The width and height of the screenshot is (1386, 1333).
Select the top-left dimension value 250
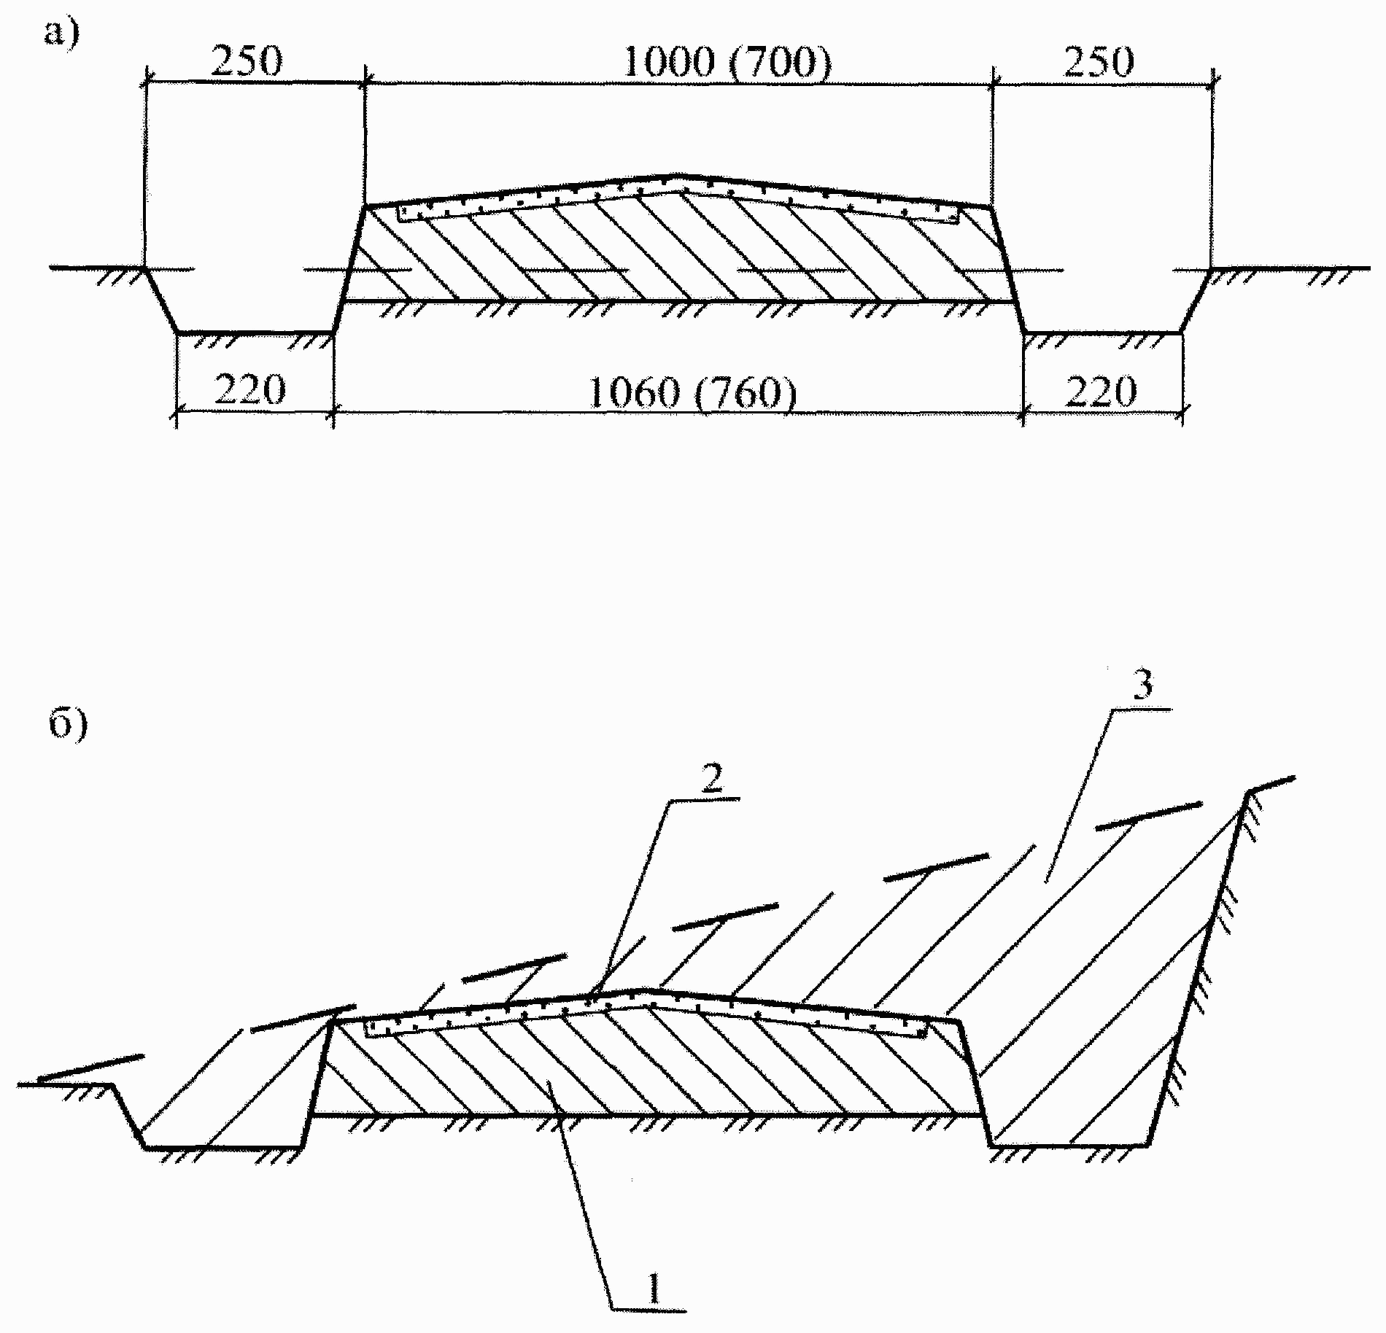247,62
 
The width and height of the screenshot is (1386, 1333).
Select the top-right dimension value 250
1099,62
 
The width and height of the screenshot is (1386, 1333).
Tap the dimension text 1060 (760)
692,393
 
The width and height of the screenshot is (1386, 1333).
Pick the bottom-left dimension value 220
250,390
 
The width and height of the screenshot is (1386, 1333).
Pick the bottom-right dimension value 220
1101,390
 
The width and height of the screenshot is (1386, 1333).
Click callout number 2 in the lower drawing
712,780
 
